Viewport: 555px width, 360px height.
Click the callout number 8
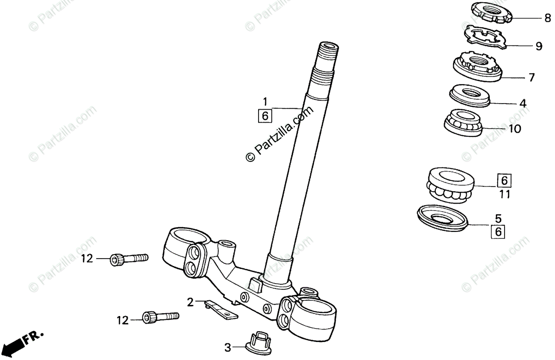pos(548,19)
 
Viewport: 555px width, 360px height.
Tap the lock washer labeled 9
pos(485,37)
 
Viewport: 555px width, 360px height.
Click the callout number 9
pos(539,46)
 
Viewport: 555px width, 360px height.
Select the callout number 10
pos(515,129)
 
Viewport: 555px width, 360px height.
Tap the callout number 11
pos(505,195)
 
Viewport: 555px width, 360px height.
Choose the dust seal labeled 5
pos(442,217)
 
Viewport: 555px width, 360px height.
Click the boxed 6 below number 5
pos(498,231)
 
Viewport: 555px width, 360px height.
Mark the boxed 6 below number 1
pos(265,115)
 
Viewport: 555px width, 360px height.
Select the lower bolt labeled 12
pos(160,317)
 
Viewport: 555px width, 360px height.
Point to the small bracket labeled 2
pos(221,309)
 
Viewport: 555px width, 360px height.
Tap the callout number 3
pos(228,347)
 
